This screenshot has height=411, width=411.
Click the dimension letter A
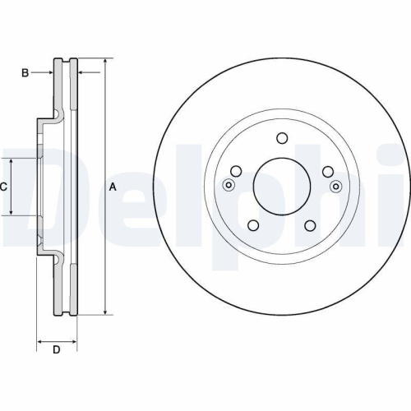click(x=113, y=187)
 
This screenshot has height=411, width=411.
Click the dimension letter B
click(x=25, y=73)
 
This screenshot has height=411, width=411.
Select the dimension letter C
click(x=3, y=187)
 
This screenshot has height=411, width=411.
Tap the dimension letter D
click(x=56, y=349)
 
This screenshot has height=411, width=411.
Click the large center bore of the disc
click(x=282, y=187)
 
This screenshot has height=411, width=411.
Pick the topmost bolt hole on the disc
click(x=282, y=138)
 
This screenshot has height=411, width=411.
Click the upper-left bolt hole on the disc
click(x=236, y=171)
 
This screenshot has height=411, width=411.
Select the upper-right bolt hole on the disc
click(x=328, y=172)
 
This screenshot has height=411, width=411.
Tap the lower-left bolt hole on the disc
click(x=253, y=225)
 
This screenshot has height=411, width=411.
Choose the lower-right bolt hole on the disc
click(x=310, y=225)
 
